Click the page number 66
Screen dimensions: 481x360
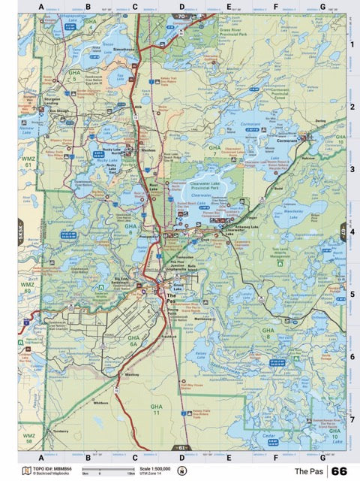(339, 471)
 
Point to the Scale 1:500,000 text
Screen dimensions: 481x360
(146, 468)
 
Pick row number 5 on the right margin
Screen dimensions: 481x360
(352, 294)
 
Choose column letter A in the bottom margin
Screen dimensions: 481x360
(40, 456)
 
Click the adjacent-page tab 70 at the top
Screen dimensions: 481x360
(181, 16)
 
